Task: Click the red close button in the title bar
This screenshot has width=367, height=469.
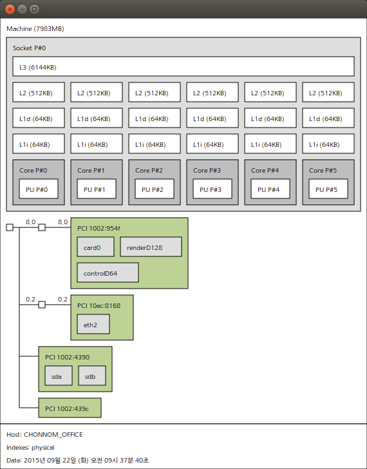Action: (x=10, y=9)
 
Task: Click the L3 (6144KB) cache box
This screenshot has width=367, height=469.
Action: (x=183, y=66)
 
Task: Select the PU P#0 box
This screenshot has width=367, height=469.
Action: (x=39, y=189)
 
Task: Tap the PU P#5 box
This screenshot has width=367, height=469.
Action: (x=328, y=189)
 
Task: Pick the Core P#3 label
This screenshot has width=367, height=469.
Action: (x=207, y=171)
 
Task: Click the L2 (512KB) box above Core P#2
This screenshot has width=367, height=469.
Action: (x=155, y=92)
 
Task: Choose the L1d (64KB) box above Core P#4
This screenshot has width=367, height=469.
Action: (x=270, y=118)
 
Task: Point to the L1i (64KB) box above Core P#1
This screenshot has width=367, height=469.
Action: (x=97, y=144)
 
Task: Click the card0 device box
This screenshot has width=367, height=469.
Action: (x=96, y=247)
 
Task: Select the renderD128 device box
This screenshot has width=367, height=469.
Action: (x=151, y=247)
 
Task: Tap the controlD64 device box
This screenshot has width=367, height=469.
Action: (x=108, y=273)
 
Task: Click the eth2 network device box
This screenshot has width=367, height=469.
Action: (x=93, y=324)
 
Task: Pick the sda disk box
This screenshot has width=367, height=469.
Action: (x=59, y=376)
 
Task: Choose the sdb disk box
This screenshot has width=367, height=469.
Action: (x=92, y=376)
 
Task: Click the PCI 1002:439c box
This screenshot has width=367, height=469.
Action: (x=70, y=408)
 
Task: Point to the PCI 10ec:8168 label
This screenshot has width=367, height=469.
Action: (x=99, y=305)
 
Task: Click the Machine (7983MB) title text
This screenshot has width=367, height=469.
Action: (x=35, y=29)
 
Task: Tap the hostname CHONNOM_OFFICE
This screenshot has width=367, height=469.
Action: (x=53, y=435)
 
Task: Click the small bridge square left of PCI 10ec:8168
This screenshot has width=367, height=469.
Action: (x=42, y=305)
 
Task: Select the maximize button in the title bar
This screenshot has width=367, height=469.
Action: (x=34, y=9)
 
